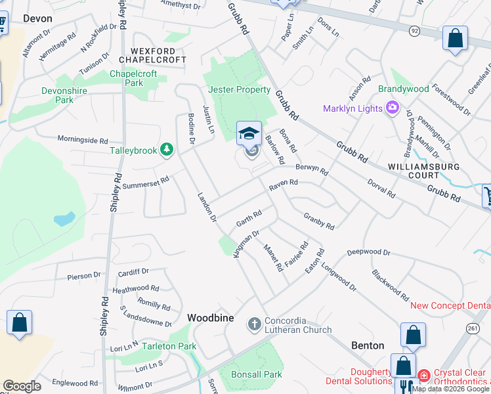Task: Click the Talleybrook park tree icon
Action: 167,150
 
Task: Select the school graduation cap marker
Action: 249,134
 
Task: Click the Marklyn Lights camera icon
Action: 393,108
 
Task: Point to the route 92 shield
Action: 414,30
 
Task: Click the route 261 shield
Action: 473,328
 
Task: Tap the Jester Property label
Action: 240,89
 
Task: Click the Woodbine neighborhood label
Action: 210,318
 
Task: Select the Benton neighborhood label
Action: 368,345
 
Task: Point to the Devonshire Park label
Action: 65,95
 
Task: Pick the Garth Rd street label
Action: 249,219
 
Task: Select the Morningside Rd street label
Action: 82,140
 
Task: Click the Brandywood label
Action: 404,89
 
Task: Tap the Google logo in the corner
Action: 22,386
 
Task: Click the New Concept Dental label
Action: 450,305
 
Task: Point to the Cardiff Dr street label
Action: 134,272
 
